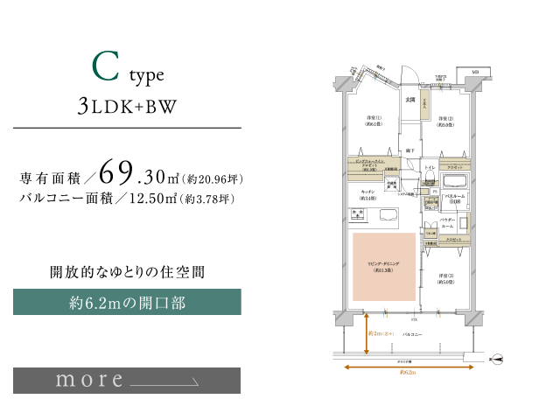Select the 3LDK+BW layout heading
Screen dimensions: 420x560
pos(127,107)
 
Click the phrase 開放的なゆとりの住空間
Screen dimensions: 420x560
pos(127,272)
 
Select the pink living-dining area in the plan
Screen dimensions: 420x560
pos(384,267)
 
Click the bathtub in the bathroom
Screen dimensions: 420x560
pos(454,181)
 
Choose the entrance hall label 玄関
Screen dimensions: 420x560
pos(409,99)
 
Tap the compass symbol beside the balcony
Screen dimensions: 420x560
pos(496,358)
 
